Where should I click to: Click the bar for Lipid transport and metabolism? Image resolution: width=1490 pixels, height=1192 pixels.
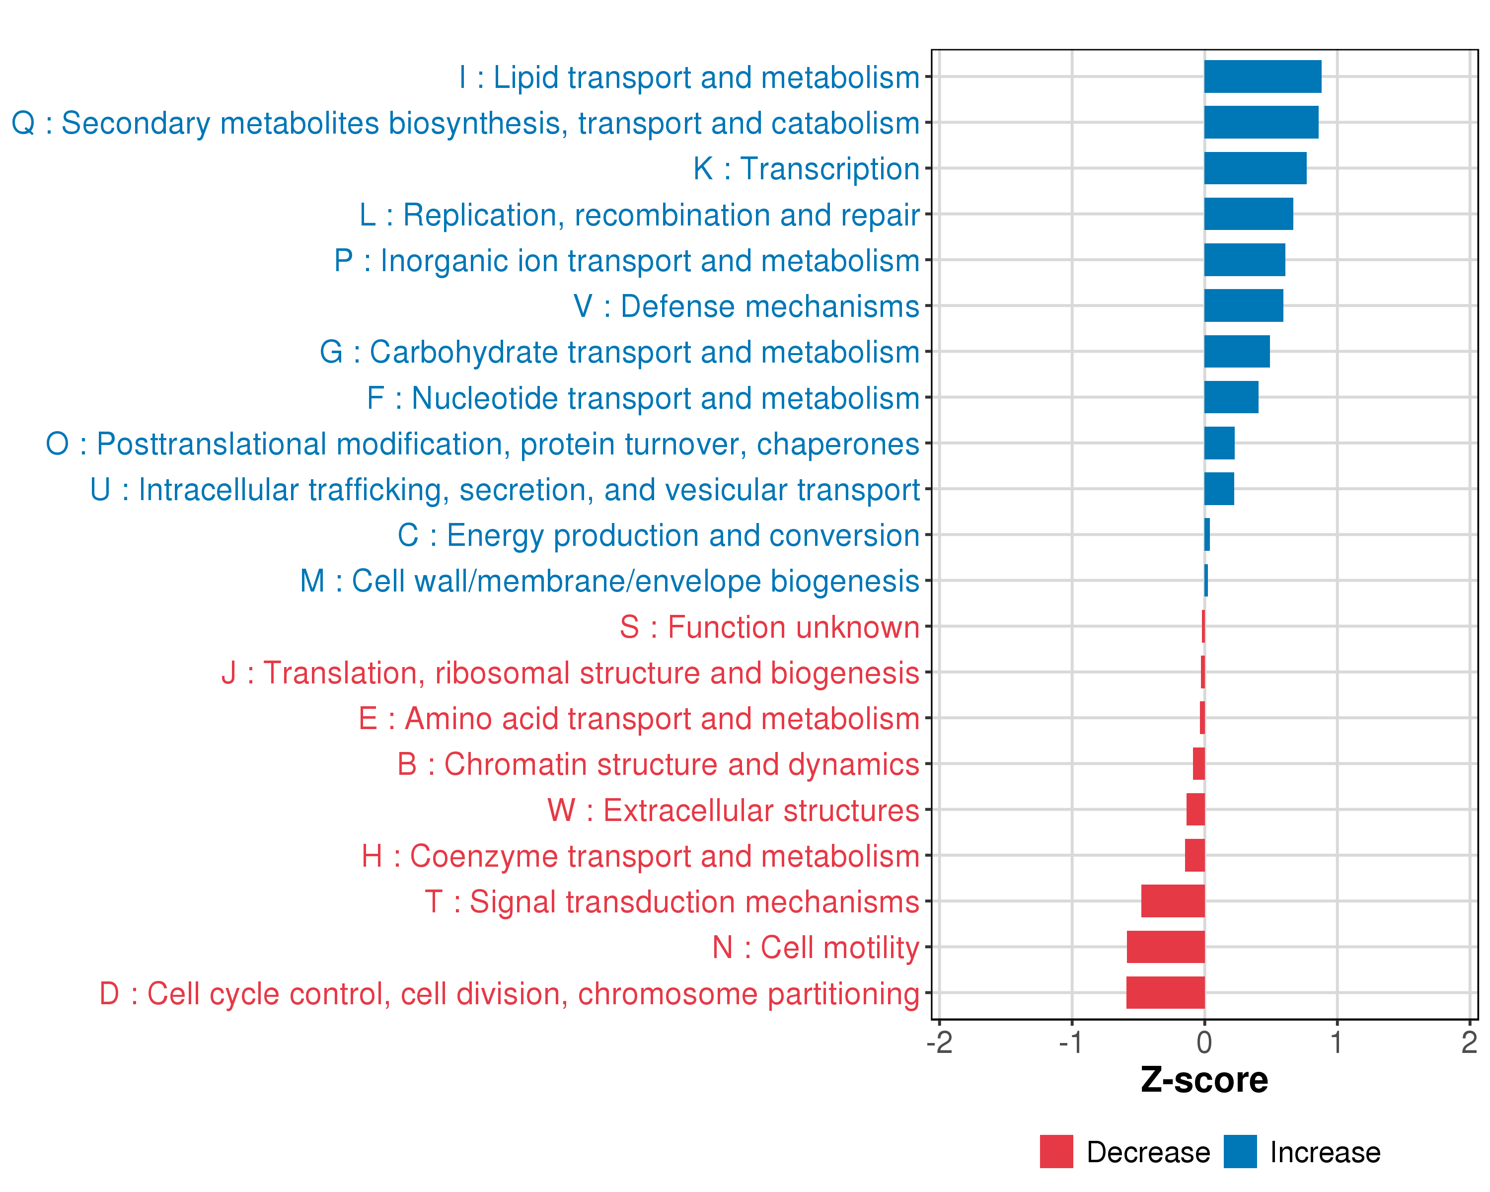click(x=1263, y=76)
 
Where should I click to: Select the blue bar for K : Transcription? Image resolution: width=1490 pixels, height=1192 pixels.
click(x=1255, y=168)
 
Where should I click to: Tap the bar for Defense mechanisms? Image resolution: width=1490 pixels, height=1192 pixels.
click(x=1243, y=305)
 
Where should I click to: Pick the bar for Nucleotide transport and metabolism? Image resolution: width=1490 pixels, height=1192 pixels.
click(x=1231, y=397)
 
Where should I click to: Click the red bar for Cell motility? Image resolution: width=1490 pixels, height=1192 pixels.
click(x=1165, y=947)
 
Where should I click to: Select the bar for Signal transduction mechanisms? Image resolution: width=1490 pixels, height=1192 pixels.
click(x=1173, y=901)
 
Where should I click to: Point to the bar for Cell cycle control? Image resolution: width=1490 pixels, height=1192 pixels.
click(x=1165, y=992)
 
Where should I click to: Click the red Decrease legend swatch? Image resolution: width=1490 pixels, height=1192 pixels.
click(x=1056, y=1151)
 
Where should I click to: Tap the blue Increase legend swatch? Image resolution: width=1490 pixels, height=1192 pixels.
click(x=1240, y=1151)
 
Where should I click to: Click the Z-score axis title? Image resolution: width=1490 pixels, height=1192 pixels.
click(x=1204, y=1080)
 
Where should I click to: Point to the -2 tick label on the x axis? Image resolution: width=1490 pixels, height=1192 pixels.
click(x=939, y=1042)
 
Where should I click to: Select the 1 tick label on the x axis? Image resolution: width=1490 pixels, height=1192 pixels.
click(x=1337, y=1042)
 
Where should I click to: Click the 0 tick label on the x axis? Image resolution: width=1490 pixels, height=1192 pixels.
click(x=1204, y=1042)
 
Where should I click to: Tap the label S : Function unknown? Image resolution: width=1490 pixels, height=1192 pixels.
click(x=769, y=627)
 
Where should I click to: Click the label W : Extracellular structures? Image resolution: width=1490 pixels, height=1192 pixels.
click(x=733, y=811)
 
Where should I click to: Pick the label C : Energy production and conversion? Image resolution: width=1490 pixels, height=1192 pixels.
click(x=659, y=535)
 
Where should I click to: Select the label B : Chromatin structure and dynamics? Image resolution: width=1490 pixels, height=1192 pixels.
click(x=659, y=765)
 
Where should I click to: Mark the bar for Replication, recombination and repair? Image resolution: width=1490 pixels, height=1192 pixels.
click(x=1248, y=214)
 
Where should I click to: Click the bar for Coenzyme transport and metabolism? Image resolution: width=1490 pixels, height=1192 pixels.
click(x=1195, y=855)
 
